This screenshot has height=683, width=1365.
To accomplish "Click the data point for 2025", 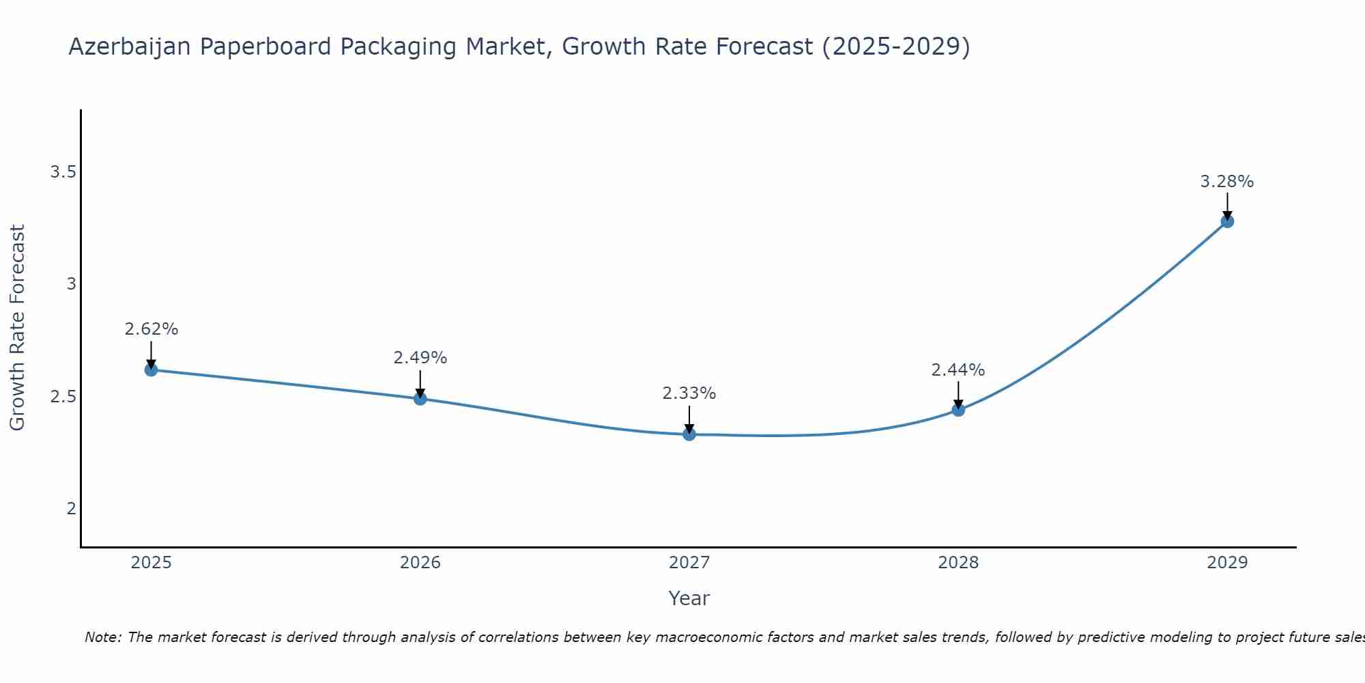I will (x=151, y=370).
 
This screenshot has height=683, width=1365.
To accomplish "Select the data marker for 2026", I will (x=420, y=398).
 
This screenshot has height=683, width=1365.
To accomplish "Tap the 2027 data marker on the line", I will (x=689, y=434).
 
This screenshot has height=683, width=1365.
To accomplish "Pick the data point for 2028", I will (x=958, y=410).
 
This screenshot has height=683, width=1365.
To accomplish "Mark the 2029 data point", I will (x=1227, y=221).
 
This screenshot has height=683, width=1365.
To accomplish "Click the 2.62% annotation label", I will (x=151, y=329).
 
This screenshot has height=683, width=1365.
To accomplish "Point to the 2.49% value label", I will (x=420, y=358).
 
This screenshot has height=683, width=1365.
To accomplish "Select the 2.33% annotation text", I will (x=689, y=393).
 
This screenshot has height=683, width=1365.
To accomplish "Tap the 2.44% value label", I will (x=958, y=370).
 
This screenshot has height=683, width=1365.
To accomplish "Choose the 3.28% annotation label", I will (x=1227, y=182).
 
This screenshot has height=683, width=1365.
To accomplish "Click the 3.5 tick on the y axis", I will (x=63, y=172).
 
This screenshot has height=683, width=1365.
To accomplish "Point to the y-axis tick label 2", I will (x=71, y=509).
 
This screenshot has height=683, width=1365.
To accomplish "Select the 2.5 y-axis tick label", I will (x=63, y=397).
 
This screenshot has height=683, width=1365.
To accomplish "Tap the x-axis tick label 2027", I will (x=689, y=563).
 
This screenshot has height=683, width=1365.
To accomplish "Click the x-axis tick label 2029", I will (x=1227, y=563).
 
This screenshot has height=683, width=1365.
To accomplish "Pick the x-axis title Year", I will (x=689, y=598).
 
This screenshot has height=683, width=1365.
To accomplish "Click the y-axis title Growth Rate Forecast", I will (x=17, y=328).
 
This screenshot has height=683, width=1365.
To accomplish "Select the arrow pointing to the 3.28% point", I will (x=1227, y=206).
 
